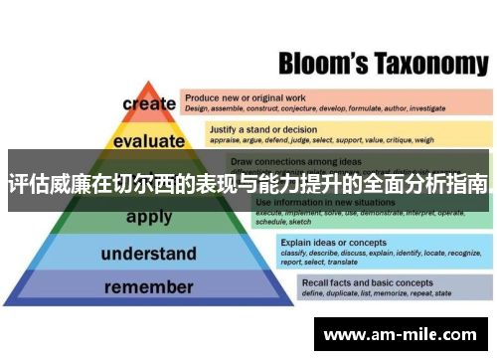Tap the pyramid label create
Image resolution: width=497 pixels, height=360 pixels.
(x=149, y=103)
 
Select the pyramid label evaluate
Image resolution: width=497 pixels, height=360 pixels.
(x=149, y=141)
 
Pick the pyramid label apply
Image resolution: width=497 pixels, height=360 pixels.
(x=149, y=217)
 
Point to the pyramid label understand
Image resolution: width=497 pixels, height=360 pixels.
(x=148, y=254)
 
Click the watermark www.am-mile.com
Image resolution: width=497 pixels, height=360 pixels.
(x=401, y=336)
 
